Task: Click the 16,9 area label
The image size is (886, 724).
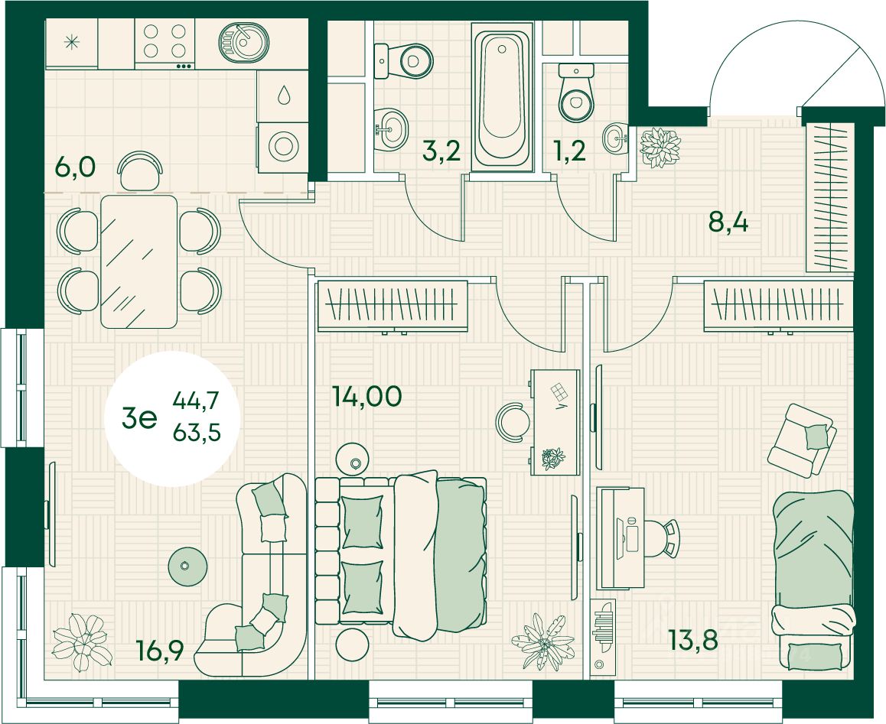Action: click(x=161, y=654)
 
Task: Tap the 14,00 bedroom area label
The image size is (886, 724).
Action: click(x=366, y=396)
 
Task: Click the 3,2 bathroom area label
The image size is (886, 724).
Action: click(x=441, y=151)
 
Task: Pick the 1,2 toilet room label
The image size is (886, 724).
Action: click(x=568, y=151)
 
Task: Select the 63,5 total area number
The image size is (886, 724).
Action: click(x=197, y=433)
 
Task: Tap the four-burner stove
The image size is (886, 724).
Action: click(x=165, y=41)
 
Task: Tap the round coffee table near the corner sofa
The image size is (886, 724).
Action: click(x=184, y=566)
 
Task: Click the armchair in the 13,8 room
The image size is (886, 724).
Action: click(x=800, y=440)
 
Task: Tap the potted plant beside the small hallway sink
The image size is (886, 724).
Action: click(x=660, y=147)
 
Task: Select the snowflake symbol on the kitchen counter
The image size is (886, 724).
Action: click(x=72, y=42)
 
